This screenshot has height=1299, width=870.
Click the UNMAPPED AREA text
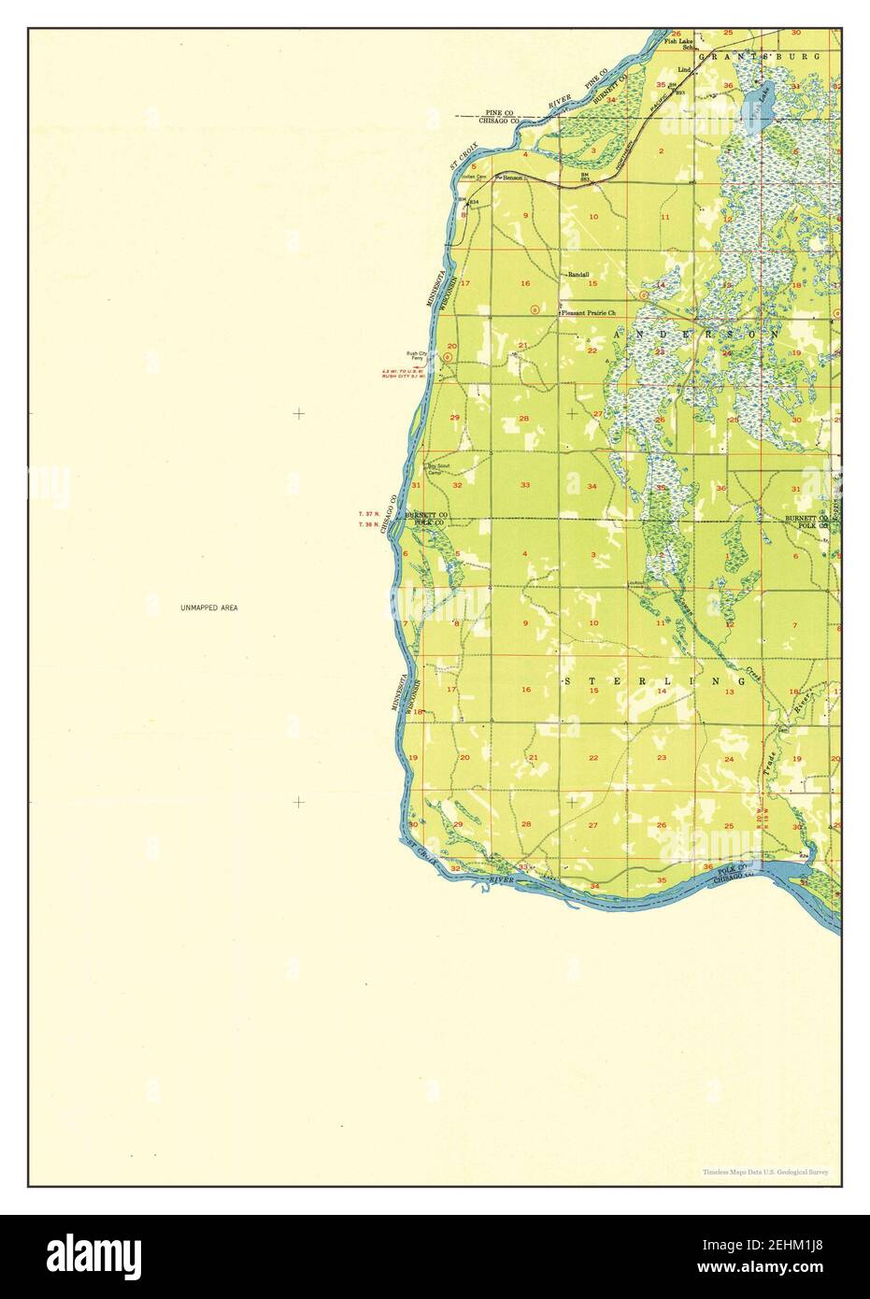[209, 608]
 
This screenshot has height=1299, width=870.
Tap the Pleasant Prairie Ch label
[590, 315]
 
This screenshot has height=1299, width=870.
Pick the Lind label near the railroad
[684, 70]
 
